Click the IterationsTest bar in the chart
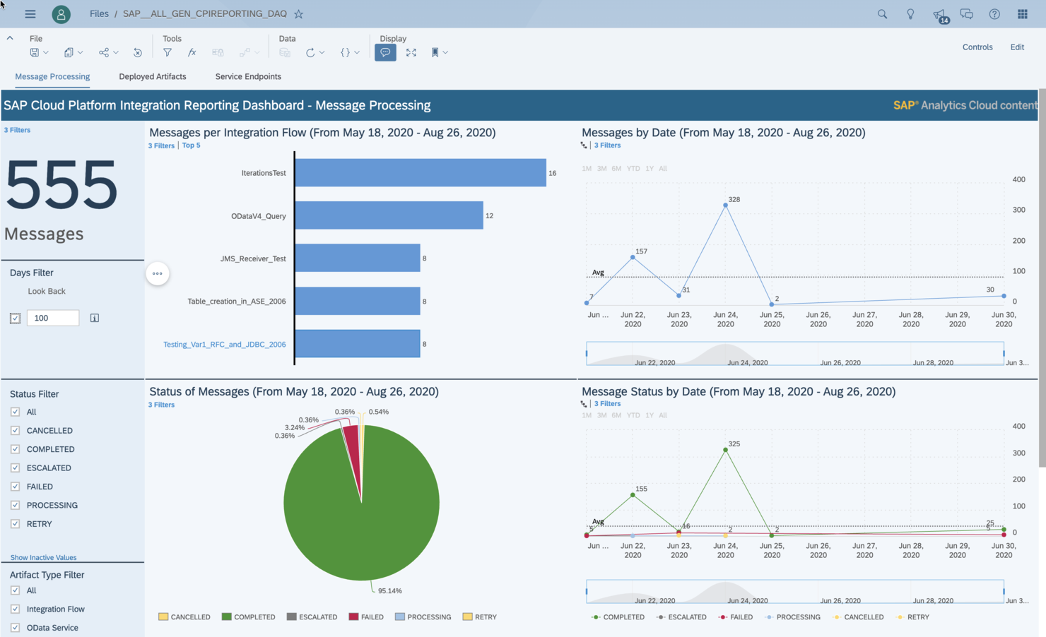[x=421, y=173]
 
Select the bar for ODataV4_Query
[x=389, y=215]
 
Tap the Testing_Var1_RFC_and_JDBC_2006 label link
[x=224, y=345]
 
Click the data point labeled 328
[x=725, y=206]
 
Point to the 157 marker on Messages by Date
[x=633, y=258]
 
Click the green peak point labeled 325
[x=725, y=450]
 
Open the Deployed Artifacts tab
[x=153, y=76]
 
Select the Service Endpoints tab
[x=248, y=76]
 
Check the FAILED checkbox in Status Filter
[x=16, y=487]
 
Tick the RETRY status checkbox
[x=16, y=524]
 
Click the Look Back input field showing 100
[x=53, y=318]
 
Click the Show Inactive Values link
[x=43, y=557]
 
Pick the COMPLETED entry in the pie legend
[x=248, y=617]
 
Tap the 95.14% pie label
[x=389, y=590]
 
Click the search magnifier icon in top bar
[x=882, y=14]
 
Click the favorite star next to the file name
[x=299, y=14]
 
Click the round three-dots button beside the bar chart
[x=158, y=273]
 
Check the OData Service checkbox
[x=16, y=628]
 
